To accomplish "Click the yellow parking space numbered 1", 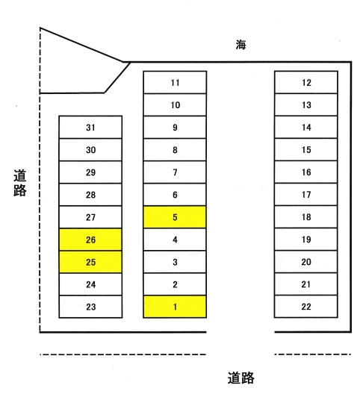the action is [x=175, y=307].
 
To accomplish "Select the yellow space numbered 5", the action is [x=175, y=217].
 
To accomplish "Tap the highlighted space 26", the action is [x=90, y=240].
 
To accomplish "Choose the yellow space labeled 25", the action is [x=90, y=262].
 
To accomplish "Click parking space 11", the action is [x=175, y=82].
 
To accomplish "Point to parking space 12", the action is [x=306, y=82].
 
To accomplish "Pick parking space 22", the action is [x=306, y=307].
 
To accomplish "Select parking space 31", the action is [x=90, y=128].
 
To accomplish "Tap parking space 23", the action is [x=90, y=307].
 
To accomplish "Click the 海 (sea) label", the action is [x=240, y=45].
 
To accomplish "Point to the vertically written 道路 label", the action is [x=20, y=183].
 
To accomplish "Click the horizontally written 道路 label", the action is [x=240, y=378].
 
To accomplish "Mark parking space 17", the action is [x=306, y=194].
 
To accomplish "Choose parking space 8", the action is [x=175, y=150].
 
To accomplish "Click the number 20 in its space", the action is [x=306, y=262].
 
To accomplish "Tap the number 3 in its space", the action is [x=175, y=262].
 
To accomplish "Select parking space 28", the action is [x=90, y=195].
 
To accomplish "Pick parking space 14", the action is [x=306, y=127].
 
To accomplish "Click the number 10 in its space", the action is [x=176, y=104].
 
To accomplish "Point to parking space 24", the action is [x=90, y=284].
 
